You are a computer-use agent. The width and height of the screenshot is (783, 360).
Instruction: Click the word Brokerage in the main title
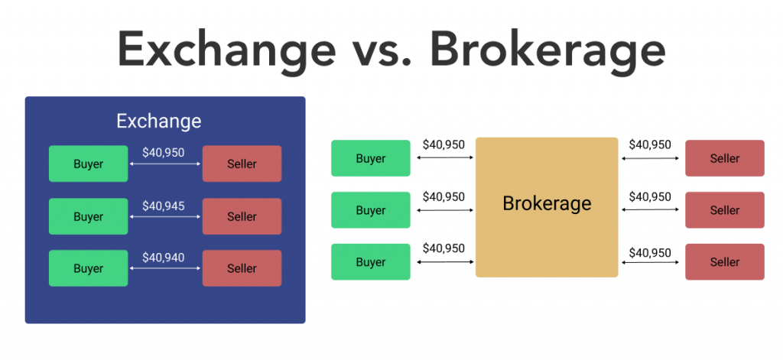[547, 51]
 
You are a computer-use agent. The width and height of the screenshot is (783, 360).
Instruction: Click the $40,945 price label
[164, 206]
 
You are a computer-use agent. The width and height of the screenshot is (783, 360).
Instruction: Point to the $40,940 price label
[164, 258]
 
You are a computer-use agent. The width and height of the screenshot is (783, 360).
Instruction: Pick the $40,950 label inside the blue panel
[164, 152]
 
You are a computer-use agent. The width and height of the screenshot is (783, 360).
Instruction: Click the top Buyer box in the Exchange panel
[88, 164]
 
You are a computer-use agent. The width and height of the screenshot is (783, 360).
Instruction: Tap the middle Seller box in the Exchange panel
[242, 216]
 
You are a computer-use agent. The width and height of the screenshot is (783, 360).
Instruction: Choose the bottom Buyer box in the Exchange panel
[88, 268]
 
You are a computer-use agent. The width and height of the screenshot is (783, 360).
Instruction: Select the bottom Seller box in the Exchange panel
[242, 268]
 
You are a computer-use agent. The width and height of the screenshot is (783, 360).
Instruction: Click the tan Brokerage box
[547, 206]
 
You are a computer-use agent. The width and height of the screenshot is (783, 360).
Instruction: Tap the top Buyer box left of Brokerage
[371, 158]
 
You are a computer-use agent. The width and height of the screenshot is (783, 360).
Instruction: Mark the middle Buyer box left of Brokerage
[371, 210]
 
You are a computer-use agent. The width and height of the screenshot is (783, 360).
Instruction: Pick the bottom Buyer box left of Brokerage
[371, 262]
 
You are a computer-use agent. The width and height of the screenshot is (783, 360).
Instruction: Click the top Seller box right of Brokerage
[725, 158]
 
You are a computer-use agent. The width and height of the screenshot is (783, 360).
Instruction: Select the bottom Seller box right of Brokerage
[725, 262]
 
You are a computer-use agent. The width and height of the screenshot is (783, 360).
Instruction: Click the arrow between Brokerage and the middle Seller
[651, 210]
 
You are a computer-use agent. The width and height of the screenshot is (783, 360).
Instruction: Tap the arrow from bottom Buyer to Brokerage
[444, 262]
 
